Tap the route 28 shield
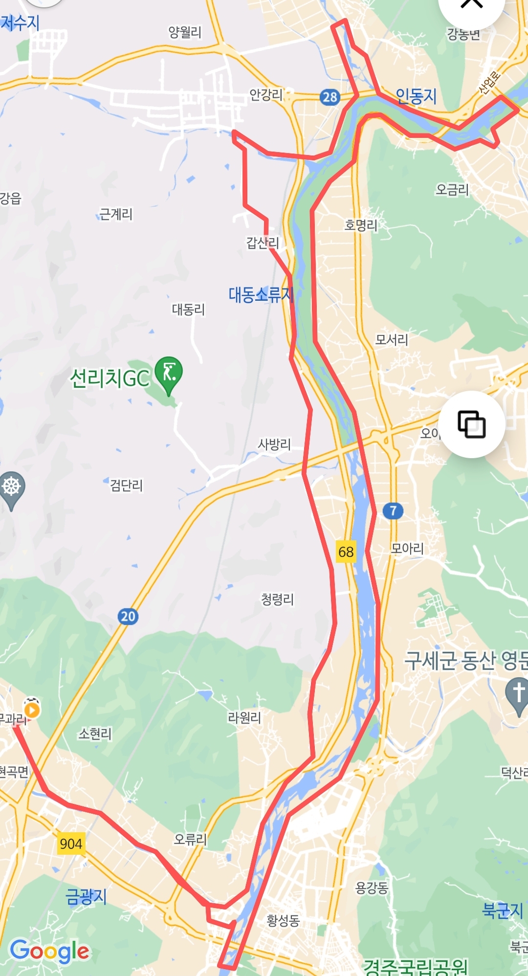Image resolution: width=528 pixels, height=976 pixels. tap(330, 97)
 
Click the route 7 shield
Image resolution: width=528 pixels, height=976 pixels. tap(393, 511)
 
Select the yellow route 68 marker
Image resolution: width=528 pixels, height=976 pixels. tap(346, 552)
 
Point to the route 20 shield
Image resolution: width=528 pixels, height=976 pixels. tap(128, 616)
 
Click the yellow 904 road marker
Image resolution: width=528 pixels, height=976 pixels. tap(71, 843)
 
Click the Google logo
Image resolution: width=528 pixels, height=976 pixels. tap(49, 951)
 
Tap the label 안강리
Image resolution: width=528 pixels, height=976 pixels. tap(266, 94)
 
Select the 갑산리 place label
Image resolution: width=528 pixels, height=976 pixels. tap(263, 243)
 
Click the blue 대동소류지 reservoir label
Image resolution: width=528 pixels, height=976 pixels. tap(261, 295)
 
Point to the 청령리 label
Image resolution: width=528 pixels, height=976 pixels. tap(277, 599)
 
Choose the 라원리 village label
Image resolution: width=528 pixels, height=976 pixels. tap(244, 718)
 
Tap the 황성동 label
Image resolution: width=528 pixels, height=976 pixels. tap(283, 921)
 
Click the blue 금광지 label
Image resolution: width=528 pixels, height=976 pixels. tap(86, 896)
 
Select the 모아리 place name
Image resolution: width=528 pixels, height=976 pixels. tap(407, 548)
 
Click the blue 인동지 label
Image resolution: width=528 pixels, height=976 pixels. tap(416, 96)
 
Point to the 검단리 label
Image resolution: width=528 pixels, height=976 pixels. tap(126, 485)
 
